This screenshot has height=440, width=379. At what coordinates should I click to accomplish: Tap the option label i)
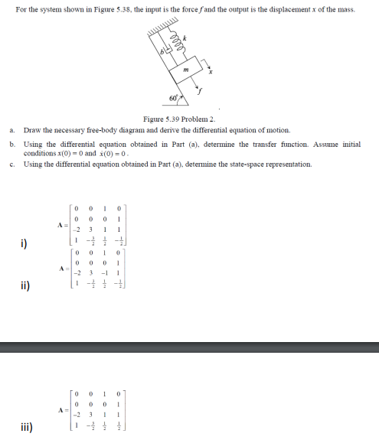click(25, 244)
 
